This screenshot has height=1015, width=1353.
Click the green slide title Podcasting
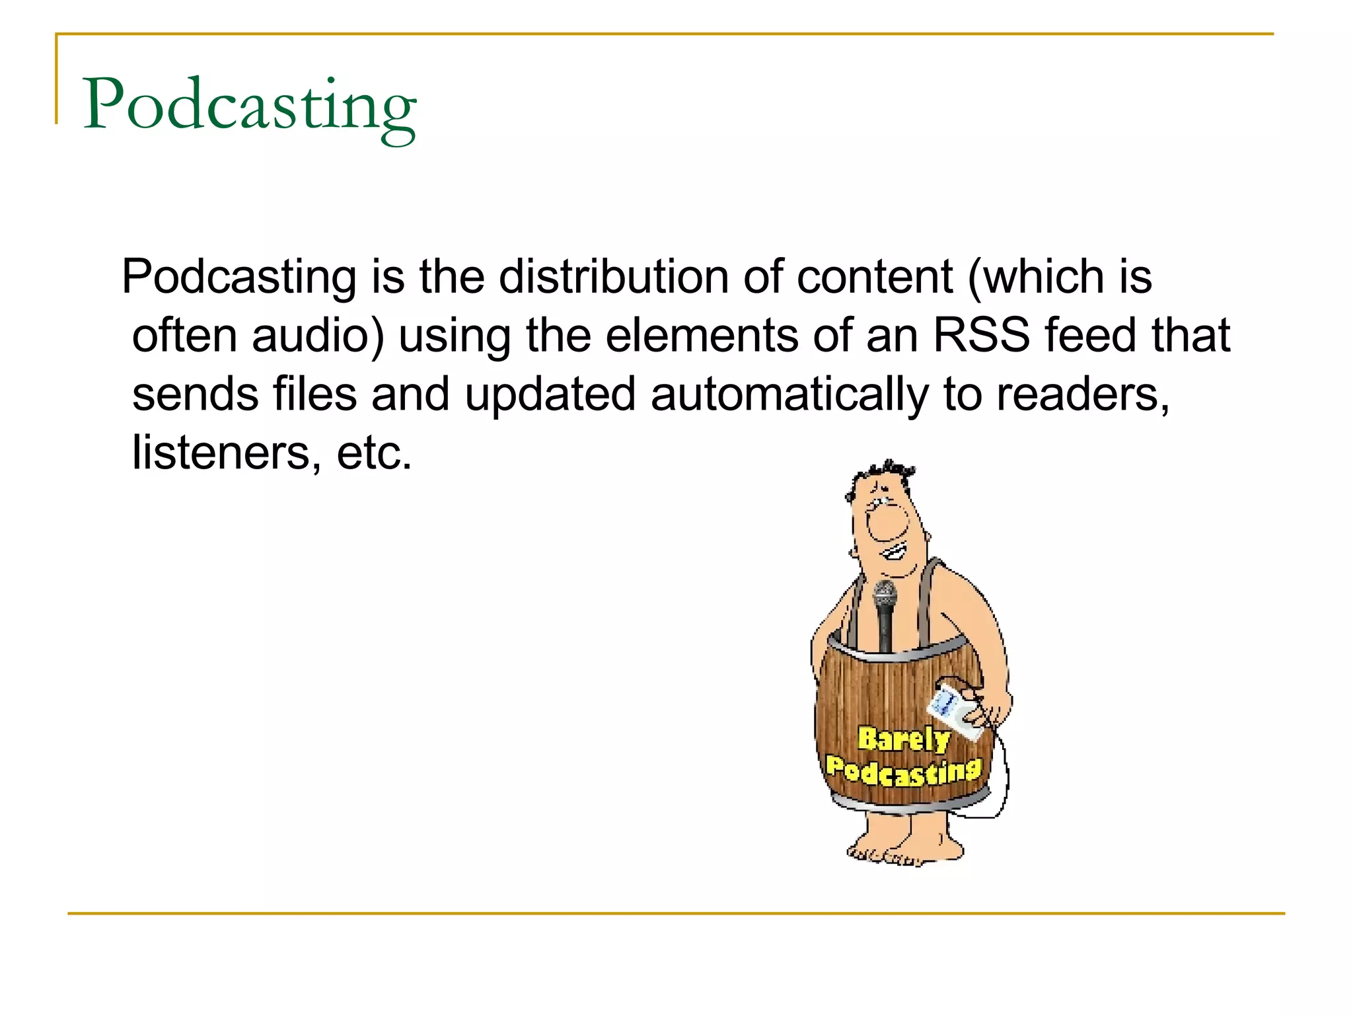point(250,106)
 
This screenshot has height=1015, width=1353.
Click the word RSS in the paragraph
point(981,335)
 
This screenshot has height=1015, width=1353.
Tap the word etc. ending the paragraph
point(374,453)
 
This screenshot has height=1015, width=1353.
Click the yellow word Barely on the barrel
point(903,739)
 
